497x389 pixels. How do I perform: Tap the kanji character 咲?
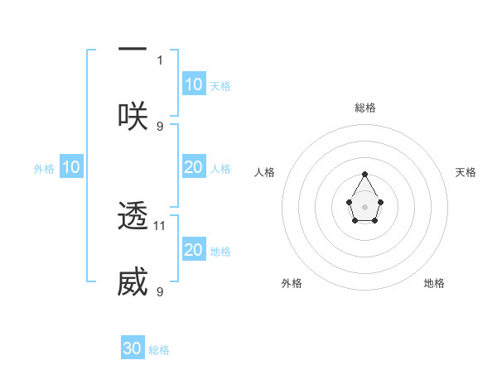click(133, 116)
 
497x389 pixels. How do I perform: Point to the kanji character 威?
click(133, 282)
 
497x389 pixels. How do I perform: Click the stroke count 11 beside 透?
click(161, 225)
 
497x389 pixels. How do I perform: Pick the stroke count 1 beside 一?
click(160, 60)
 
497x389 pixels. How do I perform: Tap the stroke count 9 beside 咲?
click(160, 126)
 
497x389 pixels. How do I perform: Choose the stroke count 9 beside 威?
click(160, 291)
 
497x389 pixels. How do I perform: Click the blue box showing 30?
click(133, 348)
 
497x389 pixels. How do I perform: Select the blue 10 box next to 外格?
click(71, 167)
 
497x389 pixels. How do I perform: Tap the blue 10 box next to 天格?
click(194, 84)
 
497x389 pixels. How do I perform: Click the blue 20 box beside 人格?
click(194, 167)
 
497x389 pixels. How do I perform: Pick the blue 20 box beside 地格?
click(194, 250)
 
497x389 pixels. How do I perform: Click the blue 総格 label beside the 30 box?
click(160, 350)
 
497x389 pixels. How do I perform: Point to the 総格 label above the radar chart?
click(365, 108)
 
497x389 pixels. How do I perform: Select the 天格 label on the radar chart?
click(466, 172)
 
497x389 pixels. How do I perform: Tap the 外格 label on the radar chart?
click(292, 283)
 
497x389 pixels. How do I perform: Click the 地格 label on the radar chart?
click(434, 283)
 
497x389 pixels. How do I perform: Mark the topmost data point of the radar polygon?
click(365, 175)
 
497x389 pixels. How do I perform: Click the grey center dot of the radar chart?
click(365, 206)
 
